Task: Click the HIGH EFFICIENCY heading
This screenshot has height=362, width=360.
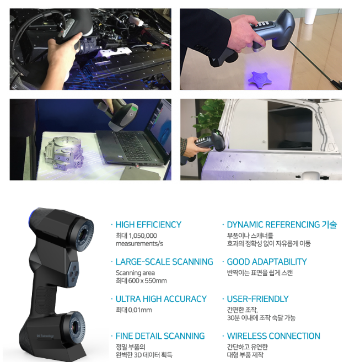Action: pos(148,225)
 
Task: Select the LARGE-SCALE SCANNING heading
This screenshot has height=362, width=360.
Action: pos(164,262)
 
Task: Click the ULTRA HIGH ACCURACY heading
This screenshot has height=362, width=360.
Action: pos(161,299)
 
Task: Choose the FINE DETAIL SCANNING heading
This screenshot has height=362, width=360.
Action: pos(160,336)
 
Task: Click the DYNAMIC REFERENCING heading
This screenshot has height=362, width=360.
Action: pos(273,225)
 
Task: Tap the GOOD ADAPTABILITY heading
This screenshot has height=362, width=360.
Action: pos(267,262)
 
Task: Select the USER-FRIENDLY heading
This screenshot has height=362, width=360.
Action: pos(257,299)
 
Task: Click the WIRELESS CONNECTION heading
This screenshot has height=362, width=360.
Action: pos(273,336)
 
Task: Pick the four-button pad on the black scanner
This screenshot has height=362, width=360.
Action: pos(73,274)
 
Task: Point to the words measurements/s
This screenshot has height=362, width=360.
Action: pos(139,243)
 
